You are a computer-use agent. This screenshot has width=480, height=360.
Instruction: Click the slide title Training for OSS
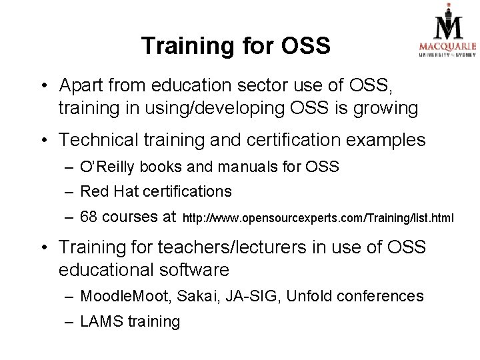tap(235, 46)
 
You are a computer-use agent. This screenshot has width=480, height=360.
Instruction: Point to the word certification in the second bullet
tap(307, 140)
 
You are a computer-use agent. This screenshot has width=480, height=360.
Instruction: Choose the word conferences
tap(382, 296)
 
